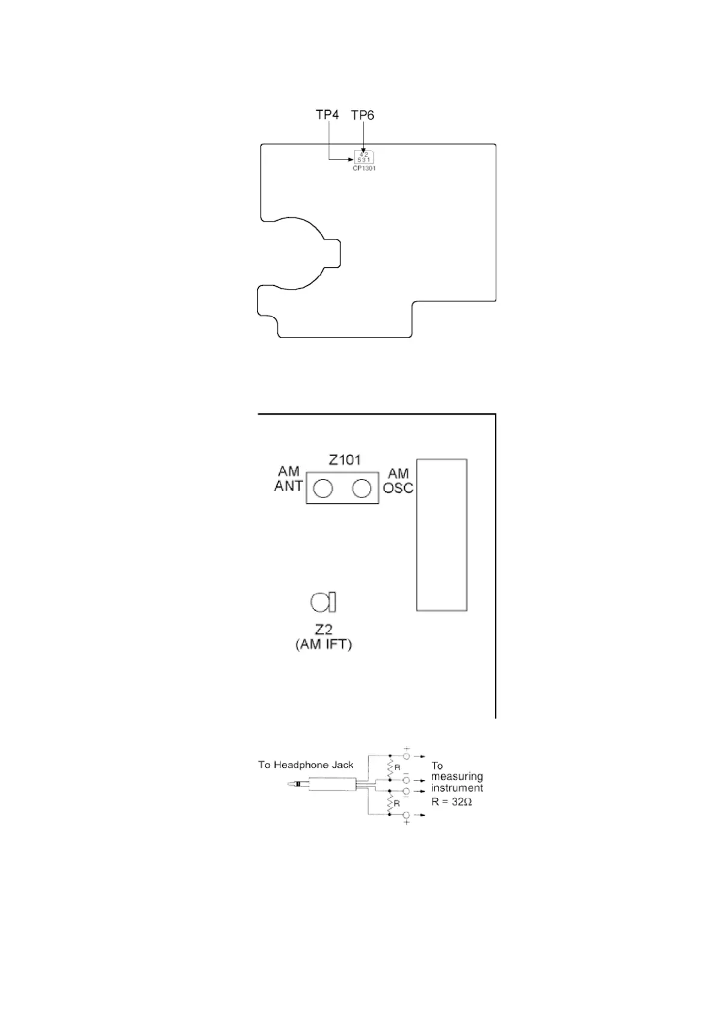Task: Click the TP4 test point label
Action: pos(327,114)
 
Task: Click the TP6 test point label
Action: pos(362,115)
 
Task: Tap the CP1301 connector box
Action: pos(363,157)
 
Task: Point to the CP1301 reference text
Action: pos(364,168)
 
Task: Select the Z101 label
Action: pos(344,460)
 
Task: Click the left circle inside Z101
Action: pos(323,488)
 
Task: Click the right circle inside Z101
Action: pos(361,488)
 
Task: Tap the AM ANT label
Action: pos(288,478)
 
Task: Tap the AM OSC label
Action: pos(398,481)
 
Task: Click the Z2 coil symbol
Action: pos(323,601)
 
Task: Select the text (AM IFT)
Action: pos(324,644)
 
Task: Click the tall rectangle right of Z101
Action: pos(442,535)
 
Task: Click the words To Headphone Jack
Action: pos(306,765)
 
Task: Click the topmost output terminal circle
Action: pos(406,756)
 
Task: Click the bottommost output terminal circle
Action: pos(406,815)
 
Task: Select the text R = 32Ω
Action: pos(451,801)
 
